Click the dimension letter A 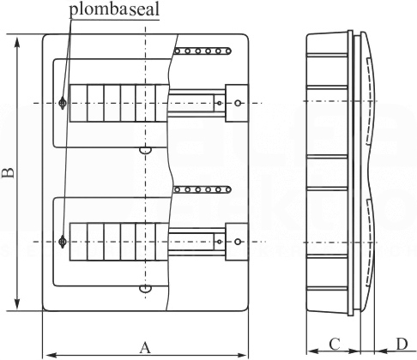pos(145,348)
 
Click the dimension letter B pos(8,173)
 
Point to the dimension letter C pos(335,344)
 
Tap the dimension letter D pos(402,344)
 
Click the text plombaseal pos(114,9)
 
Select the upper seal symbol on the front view pos(63,103)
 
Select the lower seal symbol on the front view pos(63,242)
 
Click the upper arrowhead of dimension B pos(17,44)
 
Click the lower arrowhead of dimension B pos(17,303)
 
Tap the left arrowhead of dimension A pos(51,356)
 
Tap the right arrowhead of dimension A pos(240,356)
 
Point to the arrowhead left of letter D pos(381,351)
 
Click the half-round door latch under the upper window pos(145,151)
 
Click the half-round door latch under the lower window pos(145,289)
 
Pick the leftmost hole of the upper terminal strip pos(177,51)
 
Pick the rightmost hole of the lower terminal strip pos(228,189)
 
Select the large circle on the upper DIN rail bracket pos(238,103)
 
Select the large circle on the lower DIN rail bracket pos(238,242)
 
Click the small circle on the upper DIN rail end pos(220,103)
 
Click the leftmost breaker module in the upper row pos(78,103)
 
